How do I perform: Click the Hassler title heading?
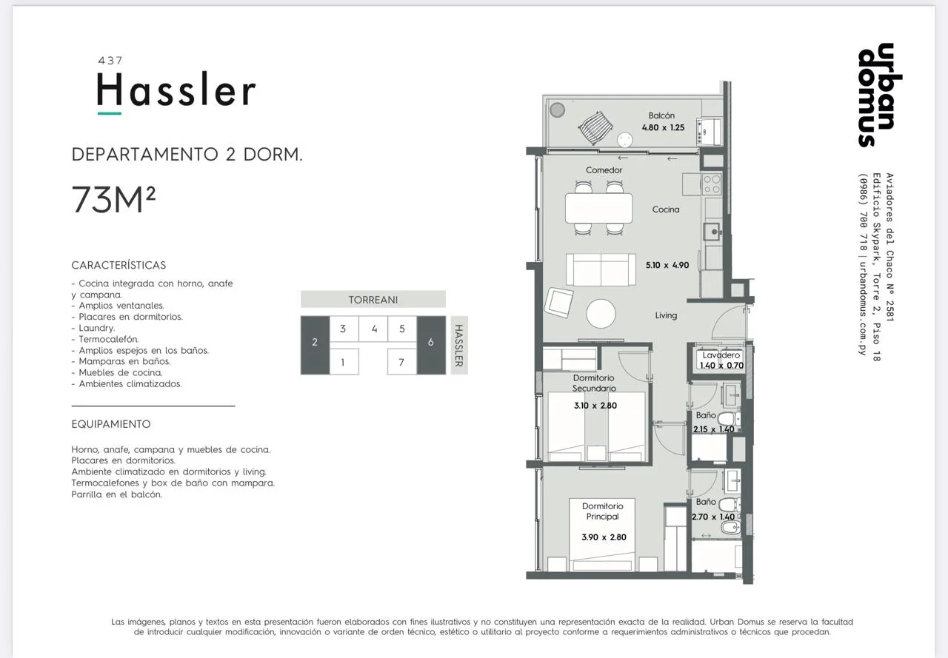pos(176,90)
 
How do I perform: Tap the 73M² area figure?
pos(113,199)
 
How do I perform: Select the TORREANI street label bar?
pos(373,300)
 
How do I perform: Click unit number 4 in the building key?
pos(374,329)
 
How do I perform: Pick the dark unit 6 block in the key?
pos(431,345)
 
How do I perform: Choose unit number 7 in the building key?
pos(401,362)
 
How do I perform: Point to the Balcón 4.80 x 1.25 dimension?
pos(663,128)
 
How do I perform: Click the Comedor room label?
pos(604,170)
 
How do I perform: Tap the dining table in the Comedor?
pos(598,208)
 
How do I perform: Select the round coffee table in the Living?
pos(601,313)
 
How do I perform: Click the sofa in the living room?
pos(601,269)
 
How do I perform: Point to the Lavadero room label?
pos(721,355)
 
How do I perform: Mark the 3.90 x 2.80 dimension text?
pos(604,537)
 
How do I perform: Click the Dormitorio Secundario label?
pos(594,383)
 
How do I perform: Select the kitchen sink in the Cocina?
pos(712,232)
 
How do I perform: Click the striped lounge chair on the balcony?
pos(595,128)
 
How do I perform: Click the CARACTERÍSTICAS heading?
pos(118,265)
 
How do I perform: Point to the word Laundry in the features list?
pos(96,328)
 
